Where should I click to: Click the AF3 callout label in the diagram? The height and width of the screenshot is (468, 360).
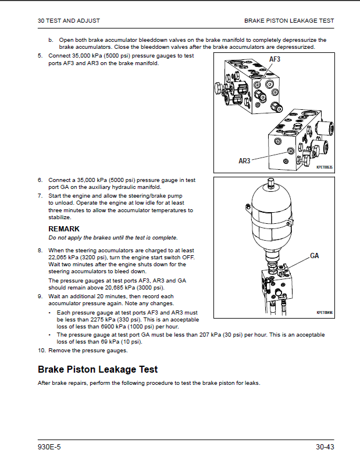(x=275, y=59)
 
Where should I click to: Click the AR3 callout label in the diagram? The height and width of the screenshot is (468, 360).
(x=244, y=161)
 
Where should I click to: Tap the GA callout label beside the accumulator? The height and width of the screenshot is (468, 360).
(x=314, y=256)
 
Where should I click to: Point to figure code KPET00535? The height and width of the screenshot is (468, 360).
(x=324, y=167)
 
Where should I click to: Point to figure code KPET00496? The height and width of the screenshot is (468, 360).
(x=325, y=313)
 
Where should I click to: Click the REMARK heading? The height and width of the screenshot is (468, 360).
(x=64, y=229)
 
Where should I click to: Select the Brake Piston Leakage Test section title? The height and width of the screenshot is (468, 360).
(x=98, y=369)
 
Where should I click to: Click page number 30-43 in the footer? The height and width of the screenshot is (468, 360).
(x=325, y=447)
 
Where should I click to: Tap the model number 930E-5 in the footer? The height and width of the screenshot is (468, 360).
(x=49, y=447)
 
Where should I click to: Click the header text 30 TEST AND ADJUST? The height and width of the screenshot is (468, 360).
(x=69, y=20)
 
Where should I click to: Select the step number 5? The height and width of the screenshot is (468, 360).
(x=40, y=56)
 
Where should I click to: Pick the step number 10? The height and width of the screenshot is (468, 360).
(x=42, y=351)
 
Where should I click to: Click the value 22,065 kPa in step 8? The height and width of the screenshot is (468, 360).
(x=62, y=258)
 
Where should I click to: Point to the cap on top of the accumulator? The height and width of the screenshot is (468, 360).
(x=271, y=182)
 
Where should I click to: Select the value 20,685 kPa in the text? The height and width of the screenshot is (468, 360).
(x=119, y=288)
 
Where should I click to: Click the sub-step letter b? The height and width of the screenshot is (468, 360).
(x=51, y=40)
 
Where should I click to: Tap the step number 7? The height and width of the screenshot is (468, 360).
(x=40, y=196)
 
